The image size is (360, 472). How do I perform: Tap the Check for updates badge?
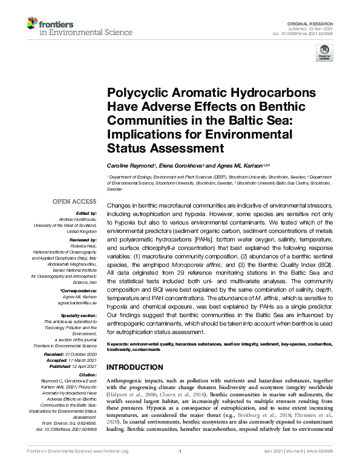[324, 54]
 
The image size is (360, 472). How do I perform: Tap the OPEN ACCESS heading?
[74, 201]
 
